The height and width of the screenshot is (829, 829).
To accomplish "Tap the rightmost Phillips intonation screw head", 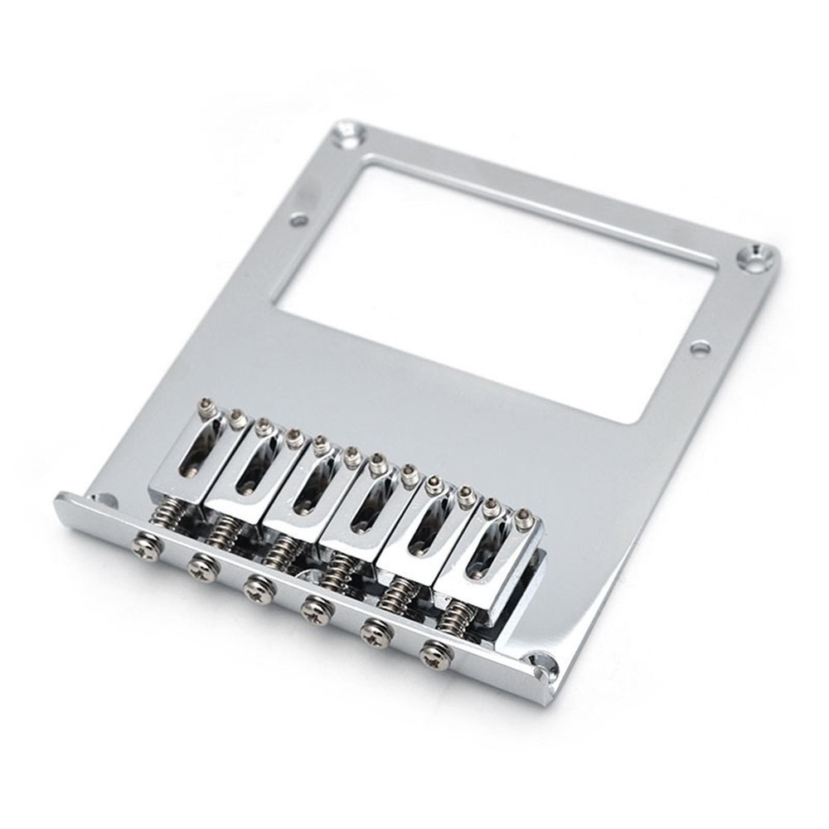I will click(x=434, y=654).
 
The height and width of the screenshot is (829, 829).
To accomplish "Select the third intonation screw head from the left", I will click(x=259, y=589).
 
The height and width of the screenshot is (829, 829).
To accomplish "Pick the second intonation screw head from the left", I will click(x=203, y=569).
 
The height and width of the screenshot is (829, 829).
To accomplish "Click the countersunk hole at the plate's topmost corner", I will click(x=347, y=132).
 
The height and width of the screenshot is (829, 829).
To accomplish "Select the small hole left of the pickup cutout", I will click(x=299, y=220).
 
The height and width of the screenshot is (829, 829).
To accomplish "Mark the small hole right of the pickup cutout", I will click(x=700, y=347).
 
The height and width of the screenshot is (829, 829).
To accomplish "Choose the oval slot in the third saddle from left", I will click(x=308, y=490).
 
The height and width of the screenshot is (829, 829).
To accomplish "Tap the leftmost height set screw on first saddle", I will click(x=206, y=407).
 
